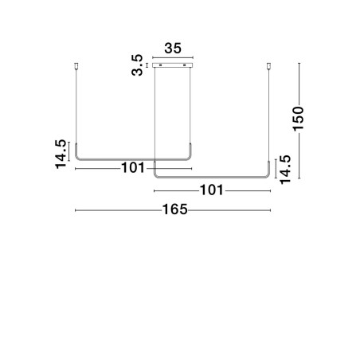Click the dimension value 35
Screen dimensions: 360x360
(173, 49)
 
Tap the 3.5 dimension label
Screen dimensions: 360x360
(137, 65)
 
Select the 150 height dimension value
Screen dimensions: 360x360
(298, 119)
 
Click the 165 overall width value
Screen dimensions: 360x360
(174, 209)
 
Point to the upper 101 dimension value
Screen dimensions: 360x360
(133, 168)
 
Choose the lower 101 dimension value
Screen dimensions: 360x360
(211, 190)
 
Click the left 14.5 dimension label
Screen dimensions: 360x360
(61, 154)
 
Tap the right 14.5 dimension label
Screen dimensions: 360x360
(285, 170)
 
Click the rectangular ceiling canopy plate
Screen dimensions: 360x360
(173, 65)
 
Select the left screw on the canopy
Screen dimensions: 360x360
(160, 65)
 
